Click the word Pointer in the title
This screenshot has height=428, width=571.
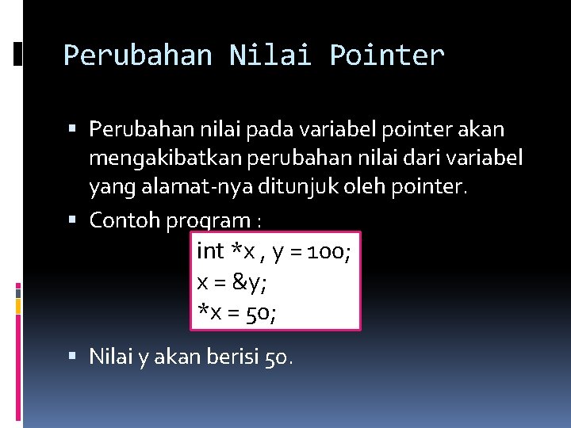point(387,55)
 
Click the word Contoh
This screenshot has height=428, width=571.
point(125,220)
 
